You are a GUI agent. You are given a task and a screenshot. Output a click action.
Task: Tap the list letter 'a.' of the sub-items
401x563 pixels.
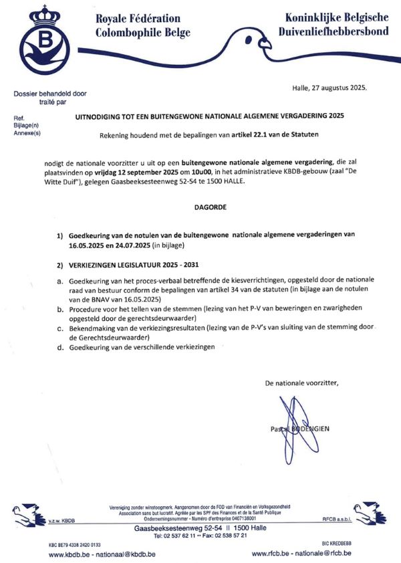61,279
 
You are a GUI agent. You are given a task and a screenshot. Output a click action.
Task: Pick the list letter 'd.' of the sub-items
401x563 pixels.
61,348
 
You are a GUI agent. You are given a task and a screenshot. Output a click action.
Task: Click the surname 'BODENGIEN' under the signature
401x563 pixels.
309,428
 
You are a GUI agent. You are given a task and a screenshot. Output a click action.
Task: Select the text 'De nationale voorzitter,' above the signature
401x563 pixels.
302,383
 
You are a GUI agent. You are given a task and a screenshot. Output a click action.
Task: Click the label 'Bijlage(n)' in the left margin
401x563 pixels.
27,126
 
